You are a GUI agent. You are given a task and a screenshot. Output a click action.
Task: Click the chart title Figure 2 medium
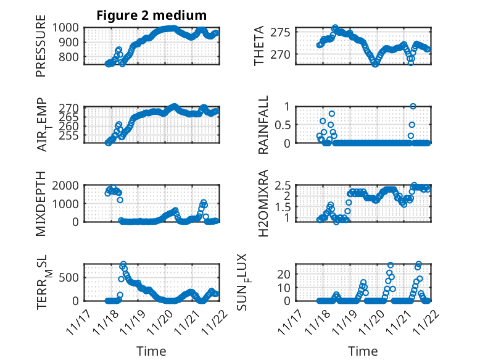[x=151, y=15]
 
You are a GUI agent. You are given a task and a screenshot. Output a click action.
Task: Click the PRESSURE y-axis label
[x=41, y=49]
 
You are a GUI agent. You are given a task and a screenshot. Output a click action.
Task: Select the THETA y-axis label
[x=259, y=46]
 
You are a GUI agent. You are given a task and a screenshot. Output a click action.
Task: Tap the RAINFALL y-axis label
[x=263, y=125]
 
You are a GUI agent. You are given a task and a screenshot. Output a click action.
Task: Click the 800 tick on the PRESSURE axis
[x=68, y=57]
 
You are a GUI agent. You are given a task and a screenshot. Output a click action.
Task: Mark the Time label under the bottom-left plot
[x=151, y=351]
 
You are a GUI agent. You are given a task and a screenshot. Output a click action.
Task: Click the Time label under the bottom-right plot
[x=363, y=351]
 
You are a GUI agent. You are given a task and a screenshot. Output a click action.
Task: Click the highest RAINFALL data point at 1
[x=413, y=106]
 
